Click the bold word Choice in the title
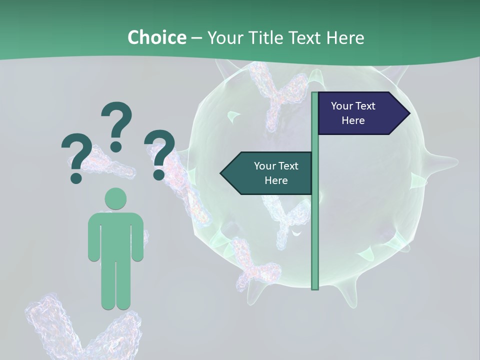(156, 37)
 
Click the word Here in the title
(345, 37)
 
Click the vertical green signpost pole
(315, 225)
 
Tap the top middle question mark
(116, 122)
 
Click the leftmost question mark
(76, 155)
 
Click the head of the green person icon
(115, 198)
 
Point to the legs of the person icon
(115, 285)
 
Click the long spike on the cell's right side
(440, 162)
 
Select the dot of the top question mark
(116, 146)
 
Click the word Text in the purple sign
(366, 106)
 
